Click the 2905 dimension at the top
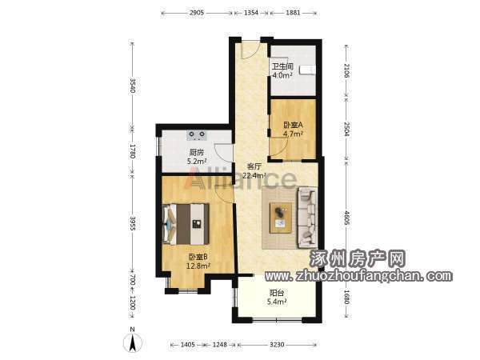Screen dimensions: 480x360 [197, 13]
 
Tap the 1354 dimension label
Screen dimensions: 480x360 [251, 13]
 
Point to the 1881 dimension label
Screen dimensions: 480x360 [293, 13]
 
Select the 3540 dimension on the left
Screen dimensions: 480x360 [132, 86]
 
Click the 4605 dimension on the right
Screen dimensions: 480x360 [346, 218]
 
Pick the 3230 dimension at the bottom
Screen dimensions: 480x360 [277, 345]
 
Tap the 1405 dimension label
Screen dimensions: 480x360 [188, 345]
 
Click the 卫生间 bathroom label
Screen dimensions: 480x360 [283, 66]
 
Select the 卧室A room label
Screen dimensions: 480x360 [293, 125]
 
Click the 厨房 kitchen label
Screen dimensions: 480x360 [197, 152]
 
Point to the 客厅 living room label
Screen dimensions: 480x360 [254, 167]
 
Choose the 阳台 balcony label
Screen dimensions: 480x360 [277, 293]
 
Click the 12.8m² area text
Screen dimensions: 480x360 [198, 266]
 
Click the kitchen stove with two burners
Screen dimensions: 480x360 [197, 135]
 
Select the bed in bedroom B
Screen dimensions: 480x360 [186, 224]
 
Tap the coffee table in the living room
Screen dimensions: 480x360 [281, 218]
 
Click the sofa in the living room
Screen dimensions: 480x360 [307, 218]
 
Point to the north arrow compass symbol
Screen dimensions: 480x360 [132, 342]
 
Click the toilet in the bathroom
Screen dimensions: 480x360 [307, 70]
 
